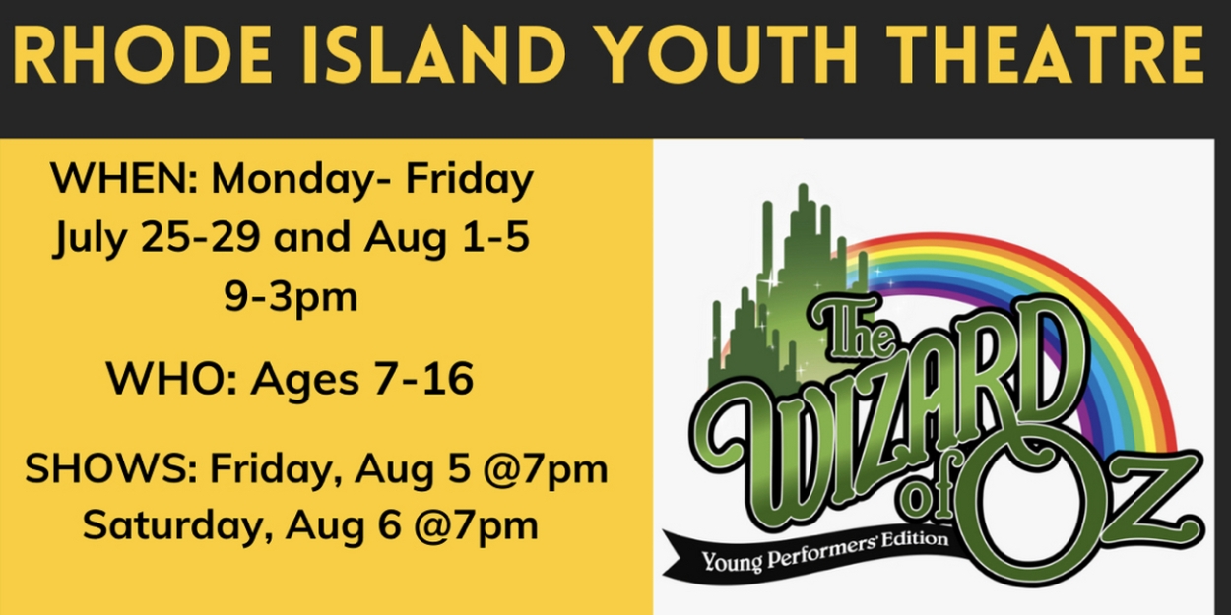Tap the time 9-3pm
[x=291, y=296]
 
